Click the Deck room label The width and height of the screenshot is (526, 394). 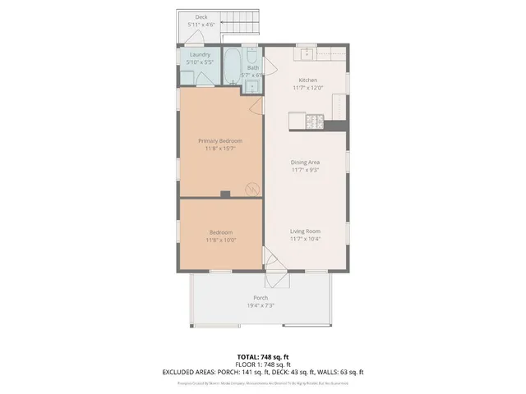click(201, 16)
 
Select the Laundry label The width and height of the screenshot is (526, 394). click(200, 54)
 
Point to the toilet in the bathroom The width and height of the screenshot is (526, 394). click(251, 57)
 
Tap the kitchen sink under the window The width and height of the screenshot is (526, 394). click(307, 54)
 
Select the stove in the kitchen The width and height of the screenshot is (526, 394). click(315, 121)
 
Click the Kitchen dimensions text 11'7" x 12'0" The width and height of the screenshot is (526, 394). click(307, 88)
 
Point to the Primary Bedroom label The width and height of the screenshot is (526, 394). click(220, 140)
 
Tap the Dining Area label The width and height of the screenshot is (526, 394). click(305, 163)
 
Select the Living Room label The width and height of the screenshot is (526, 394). click(305, 231)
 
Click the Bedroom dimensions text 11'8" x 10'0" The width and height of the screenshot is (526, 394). click(220, 240)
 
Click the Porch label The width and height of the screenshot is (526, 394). click(261, 297)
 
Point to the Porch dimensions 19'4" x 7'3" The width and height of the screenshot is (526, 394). click(261, 305)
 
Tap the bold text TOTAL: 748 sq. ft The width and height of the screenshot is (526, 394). click(262, 357)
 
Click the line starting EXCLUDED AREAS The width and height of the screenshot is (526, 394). click(262, 372)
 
